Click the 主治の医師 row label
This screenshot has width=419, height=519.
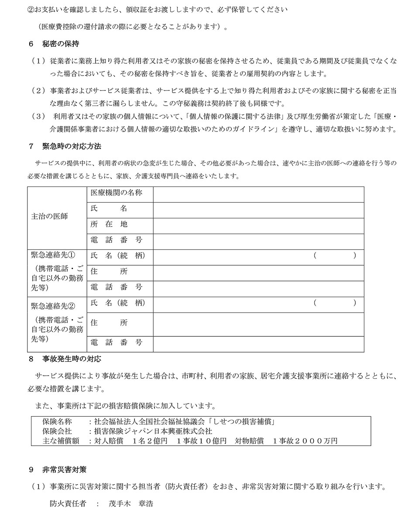click(50, 217)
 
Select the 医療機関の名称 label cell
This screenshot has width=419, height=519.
click(116, 193)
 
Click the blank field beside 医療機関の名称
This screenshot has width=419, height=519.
click(258, 194)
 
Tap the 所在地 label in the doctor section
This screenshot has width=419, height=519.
click(109, 225)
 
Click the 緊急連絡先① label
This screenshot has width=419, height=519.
click(54, 256)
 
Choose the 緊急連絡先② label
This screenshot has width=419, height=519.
click(54, 303)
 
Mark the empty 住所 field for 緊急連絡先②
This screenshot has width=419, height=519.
click(258, 324)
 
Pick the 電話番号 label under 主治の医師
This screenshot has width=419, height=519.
click(116, 240)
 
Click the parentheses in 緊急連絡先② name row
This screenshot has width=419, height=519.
click(335, 303)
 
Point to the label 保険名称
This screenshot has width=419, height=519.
click(59, 422)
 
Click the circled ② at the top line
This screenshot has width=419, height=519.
click(30, 8)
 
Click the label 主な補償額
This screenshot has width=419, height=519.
click(61, 441)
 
